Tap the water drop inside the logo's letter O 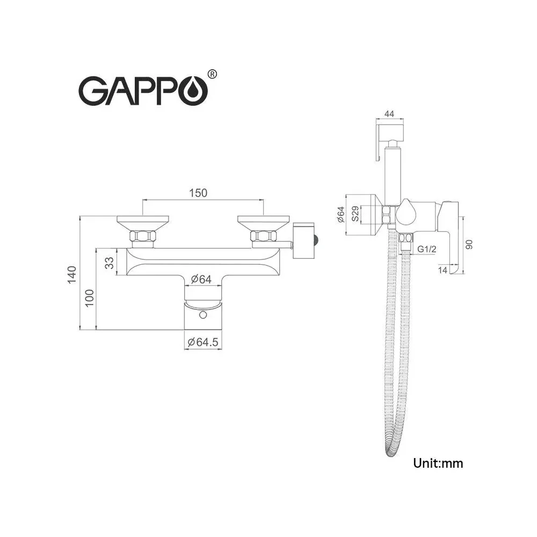196,91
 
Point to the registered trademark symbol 213,74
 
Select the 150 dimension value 198,193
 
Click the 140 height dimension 72,274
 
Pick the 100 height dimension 89,298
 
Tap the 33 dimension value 109,263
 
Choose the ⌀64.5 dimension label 203,342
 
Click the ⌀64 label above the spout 201,279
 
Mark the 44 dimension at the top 389,114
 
